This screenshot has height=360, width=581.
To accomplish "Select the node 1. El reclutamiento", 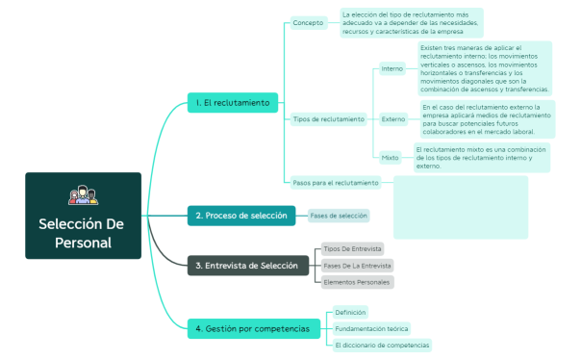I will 234,102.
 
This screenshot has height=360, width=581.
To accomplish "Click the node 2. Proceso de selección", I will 240,216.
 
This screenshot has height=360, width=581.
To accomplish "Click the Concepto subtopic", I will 308,23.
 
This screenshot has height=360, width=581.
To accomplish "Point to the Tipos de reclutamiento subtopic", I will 329,119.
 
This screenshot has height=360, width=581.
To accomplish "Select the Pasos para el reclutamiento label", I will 336,182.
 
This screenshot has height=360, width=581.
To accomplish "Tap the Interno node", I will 392,68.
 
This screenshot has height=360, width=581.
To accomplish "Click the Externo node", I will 392,119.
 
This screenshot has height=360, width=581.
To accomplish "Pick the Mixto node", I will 390,156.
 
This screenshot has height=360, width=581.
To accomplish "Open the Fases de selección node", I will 338,216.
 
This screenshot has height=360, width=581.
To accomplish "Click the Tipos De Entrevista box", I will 352,248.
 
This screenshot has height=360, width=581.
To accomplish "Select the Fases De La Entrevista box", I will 357,265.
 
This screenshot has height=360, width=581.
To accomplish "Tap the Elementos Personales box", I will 357,282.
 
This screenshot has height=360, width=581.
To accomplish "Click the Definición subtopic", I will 349,313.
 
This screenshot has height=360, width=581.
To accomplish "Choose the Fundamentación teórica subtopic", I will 370,329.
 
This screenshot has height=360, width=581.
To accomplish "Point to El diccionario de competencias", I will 382,345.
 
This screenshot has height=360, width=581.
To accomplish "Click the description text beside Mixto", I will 481,157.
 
